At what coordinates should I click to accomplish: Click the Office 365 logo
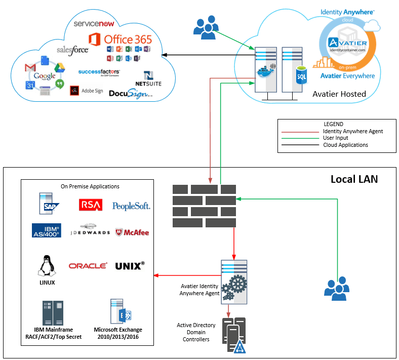(x=120, y=39)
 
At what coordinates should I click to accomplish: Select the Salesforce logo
(x=72, y=50)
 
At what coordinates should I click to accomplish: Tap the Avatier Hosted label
(x=339, y=94)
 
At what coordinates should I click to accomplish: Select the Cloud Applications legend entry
(x=345, y=145)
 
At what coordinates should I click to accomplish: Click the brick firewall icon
(x=204, y=206)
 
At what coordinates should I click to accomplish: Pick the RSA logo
(x=91, y=205)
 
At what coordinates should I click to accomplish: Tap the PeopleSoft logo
(x=131, y=206)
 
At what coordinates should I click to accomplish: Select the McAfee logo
(x=132, y=233)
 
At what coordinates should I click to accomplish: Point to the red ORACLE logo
(x=88, y=266)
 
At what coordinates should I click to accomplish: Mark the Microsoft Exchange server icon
(x=121, y=313)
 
